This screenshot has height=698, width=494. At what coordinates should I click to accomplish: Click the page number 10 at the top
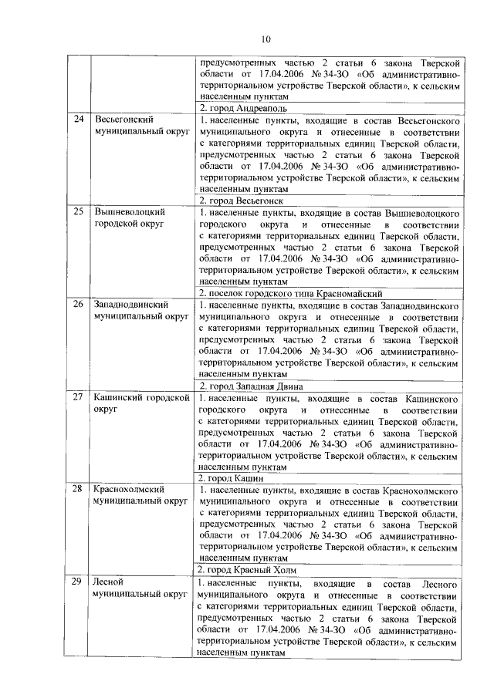tap(266, 39)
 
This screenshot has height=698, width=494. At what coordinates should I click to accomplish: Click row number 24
tap(79, 120)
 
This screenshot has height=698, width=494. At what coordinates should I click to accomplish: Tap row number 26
tap(79, 305)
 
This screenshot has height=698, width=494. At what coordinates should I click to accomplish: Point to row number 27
tap(79, 397)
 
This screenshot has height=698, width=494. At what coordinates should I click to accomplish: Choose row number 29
tap(79, 582)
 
